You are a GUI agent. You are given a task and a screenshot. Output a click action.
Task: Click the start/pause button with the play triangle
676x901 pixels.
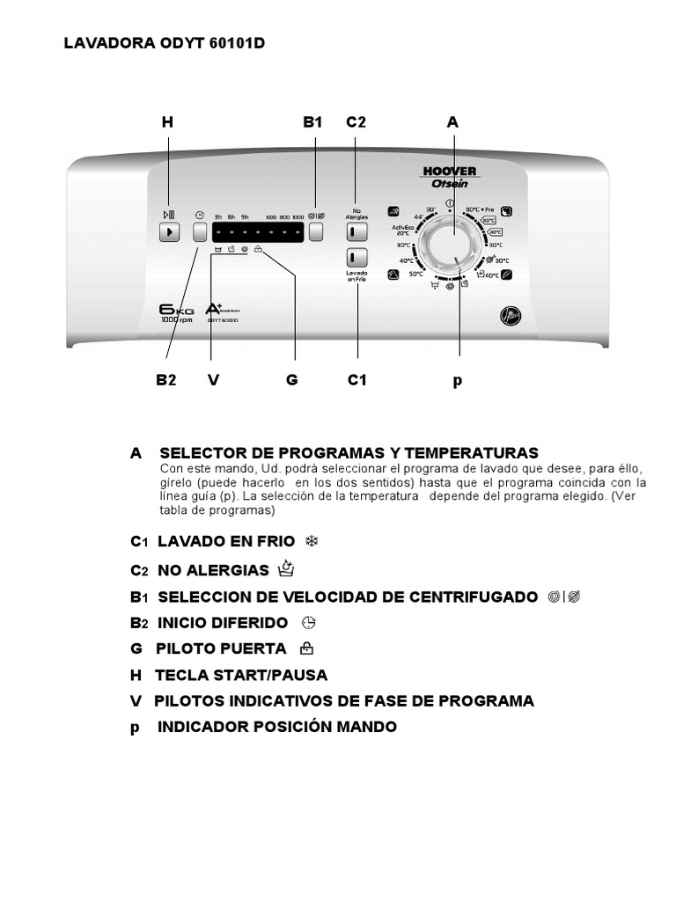tap(170, 232)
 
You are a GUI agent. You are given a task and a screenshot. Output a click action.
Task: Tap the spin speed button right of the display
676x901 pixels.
tap(317, 232)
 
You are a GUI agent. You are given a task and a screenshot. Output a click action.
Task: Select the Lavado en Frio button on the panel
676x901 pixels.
tap(356, 258)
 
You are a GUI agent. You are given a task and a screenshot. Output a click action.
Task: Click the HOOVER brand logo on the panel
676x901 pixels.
tap(449, 171)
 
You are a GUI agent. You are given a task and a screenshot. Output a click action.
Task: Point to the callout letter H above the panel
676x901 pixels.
tap(167, 123)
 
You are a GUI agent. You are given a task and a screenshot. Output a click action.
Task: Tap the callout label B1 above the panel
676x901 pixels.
tap(313, 123)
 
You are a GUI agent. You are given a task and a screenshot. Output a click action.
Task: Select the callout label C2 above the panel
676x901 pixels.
tap(356, 123)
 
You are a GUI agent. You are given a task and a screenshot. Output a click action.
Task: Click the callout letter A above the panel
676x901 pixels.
tap(452, 123)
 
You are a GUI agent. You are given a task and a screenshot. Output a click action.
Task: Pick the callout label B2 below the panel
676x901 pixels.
tap(167, 380)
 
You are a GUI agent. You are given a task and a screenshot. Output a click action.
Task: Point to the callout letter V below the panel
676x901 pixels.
tap(213, 380)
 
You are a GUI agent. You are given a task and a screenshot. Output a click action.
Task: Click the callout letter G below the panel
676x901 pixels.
tap(292, 380)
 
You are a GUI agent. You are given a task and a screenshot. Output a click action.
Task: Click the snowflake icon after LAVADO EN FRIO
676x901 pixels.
tap(310, 541)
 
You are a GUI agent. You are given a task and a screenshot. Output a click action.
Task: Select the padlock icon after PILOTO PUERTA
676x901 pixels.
tap(305, 648)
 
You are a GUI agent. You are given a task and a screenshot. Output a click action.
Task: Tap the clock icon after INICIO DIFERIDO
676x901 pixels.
tap(307, 622)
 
